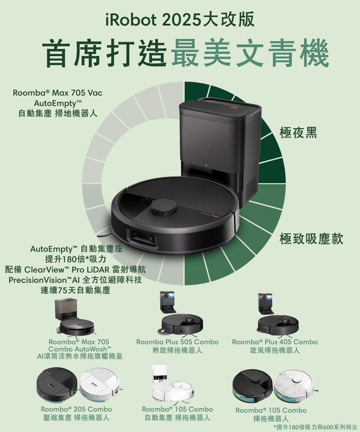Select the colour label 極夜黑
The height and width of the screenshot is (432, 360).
pyautogui.click(x=298, y=132)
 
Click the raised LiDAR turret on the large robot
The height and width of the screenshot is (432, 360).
pyautogui.click(x=164, y=207)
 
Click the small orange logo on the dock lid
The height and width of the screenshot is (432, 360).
pyautogui.click(x=234, y=107)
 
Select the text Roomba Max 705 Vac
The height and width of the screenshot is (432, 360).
pyautogui.click(x=58, y=93)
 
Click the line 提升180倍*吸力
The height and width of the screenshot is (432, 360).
pyautogui.click(x=76, y=259)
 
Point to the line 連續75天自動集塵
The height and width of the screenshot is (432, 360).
pyautogui.click(x=76, y=291)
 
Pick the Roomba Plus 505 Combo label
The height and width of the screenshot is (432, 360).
pyautogui.click(x=177, y=342)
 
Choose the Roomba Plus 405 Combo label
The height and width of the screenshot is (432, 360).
pyautogui.click(x=275, y=342)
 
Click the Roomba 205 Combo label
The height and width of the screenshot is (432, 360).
pyautogui.click(x=76, y=409)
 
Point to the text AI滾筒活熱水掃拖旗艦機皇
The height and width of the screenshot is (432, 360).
pyautogui.click(x=80, y=356)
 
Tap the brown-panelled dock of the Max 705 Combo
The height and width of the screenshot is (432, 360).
pyautogui.click(x=66, y=310)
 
